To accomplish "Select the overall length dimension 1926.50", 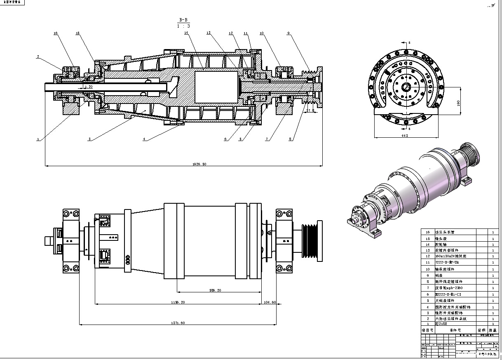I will [x=200, y=164].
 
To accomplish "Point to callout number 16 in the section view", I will [x=56, y=33].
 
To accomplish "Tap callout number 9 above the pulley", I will [x=288, y=33].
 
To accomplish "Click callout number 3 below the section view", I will [x=89, y=139].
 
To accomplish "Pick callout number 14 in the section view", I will [x=186, y=33].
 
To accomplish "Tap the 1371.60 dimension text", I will [x=177, y=323].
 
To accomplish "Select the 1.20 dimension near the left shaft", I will [x=88, y=87].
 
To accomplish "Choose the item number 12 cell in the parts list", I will [x=427, y=256].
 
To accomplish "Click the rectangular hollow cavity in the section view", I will [x=216, y=87].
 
